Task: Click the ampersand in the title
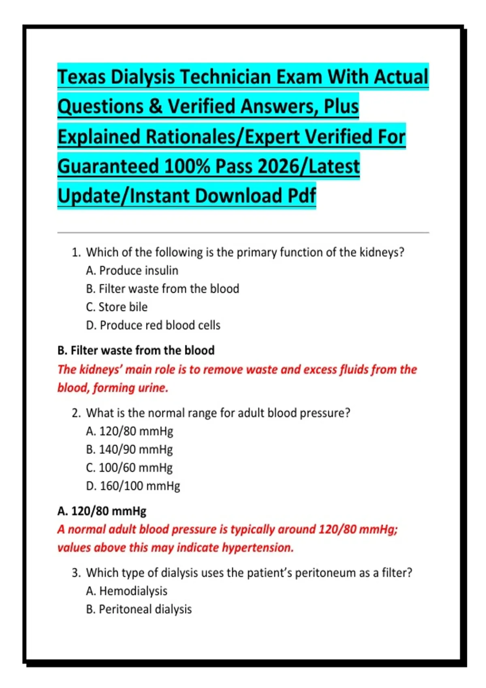pos(155,106)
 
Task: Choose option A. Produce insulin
pos(132,270)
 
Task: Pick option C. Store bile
pos(117,307)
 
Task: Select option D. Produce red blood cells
pos(153,325)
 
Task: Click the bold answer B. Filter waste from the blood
pos(136,350)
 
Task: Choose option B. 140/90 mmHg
pos(130,449)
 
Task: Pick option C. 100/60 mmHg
pos(130,467)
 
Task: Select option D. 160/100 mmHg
pos(133,486)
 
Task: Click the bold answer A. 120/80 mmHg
pos(102,511)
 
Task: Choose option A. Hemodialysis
pos(127,591)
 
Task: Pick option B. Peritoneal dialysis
pos(139,609)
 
